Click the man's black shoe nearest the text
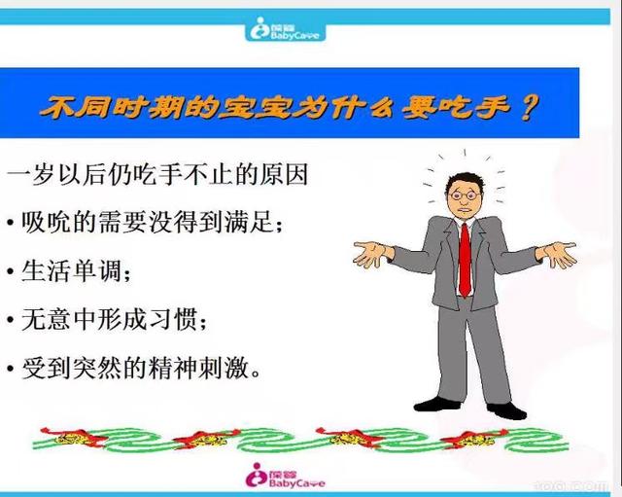point(434,403)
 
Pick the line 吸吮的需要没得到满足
point(149,225)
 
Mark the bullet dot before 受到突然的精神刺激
point(10,370)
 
